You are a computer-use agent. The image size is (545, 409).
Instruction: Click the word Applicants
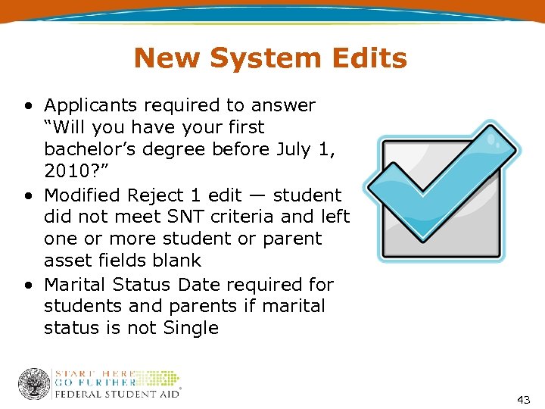pyautogui.click(x=101, y=105)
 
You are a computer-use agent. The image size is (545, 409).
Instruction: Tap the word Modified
pyautogui.click(x=83, y=195)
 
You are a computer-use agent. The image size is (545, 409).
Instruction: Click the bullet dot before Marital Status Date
pyautogui.click(x=28, y=286)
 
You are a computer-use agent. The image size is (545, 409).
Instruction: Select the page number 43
pyautogui.click(x=523, y=399)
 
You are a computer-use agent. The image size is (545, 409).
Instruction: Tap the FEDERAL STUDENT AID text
pyautogui.click(x=117, y=394)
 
